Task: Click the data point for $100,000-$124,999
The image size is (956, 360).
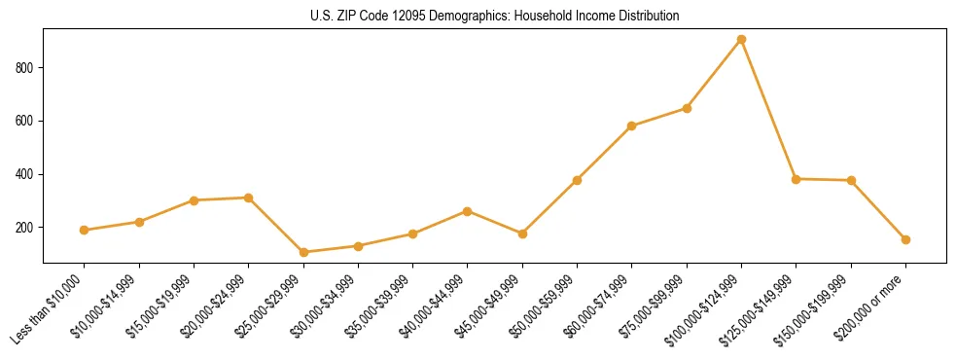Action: click(x=741, y=40)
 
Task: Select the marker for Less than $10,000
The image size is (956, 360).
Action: click(x=84, y=231)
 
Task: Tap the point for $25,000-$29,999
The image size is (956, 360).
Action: click(x=303, y=252)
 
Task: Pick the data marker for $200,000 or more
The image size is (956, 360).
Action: click(x=905, y=239)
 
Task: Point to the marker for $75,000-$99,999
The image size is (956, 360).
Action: click(x=687, y=108)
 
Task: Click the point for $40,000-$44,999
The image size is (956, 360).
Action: click(x=468, y=211)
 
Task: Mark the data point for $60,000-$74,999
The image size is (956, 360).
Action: click(x=632, y=126)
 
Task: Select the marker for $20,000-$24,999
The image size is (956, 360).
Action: click(x=248, y=198)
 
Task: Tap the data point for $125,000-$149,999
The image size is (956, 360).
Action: click(x=797, y=179)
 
